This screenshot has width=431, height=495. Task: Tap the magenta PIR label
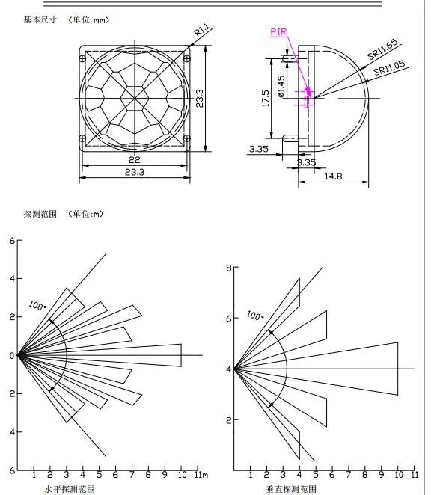coord(278,33)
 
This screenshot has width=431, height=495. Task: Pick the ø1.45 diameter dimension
coord(281,87)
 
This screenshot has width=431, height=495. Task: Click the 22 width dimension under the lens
coord(135,160)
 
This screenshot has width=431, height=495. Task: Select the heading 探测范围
coord(37,215)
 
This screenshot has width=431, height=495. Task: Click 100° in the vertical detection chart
coord(254,316)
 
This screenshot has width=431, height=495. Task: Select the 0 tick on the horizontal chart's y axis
coord(11,355)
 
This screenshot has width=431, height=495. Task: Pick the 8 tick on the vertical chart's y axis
coord(230,267)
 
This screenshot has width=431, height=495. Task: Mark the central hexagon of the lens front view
coord(135,97)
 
